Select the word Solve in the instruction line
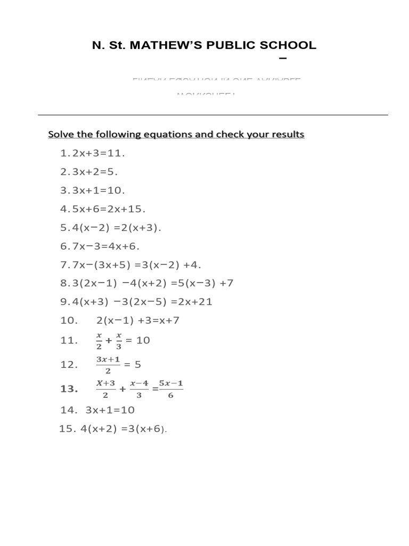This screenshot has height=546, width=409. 60,134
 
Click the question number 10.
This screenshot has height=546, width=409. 69,320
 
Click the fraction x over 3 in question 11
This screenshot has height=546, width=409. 119,340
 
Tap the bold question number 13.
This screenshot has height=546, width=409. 69,389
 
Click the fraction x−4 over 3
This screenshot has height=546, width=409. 139,389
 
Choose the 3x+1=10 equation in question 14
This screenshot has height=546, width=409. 110,410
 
